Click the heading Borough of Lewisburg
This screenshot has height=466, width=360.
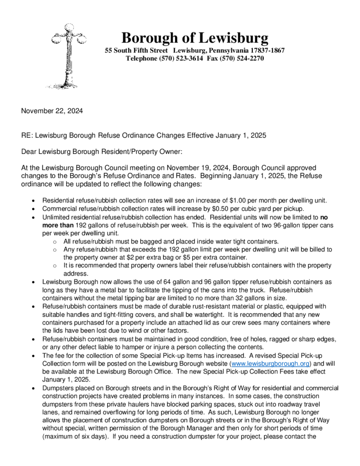tap(194, 37)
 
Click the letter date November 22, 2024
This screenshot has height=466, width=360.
tap(52, 110)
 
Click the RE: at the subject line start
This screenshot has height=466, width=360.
tap(27, 135)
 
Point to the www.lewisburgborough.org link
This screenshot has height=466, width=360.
tap(270, 364)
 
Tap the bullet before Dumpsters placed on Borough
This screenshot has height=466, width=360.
tap(34, 388)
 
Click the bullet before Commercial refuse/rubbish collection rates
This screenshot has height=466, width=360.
tap(34, 209)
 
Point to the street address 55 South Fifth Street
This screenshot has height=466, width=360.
tap(136, 50)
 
